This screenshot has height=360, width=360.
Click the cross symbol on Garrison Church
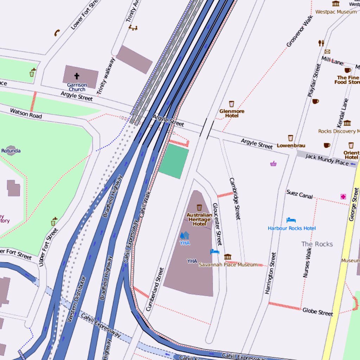(77, 76)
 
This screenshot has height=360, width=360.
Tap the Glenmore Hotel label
(232, 113)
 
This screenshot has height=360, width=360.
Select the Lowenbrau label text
(291, 146)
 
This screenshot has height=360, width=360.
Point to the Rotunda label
(11, 151)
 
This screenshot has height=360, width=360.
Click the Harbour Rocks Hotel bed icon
(291, 220)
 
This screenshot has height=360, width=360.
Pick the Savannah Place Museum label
(228, 265)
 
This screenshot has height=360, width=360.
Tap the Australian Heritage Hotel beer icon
(199, 207)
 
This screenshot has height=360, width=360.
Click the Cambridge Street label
(235, 199)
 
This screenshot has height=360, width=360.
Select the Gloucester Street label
(217, 224)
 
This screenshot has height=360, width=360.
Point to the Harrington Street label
(270, 273)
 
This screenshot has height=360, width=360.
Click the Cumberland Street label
(155, 289)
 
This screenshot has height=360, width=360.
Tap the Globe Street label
(317, 311)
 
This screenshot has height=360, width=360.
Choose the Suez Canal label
(300, 194)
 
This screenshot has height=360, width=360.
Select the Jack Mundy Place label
(327, 159)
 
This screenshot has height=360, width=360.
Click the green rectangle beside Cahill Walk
(174, 161)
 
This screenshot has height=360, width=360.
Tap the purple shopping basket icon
(273, 163)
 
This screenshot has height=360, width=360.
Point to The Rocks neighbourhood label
(317, 244)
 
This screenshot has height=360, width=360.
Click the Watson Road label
(26, 113)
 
